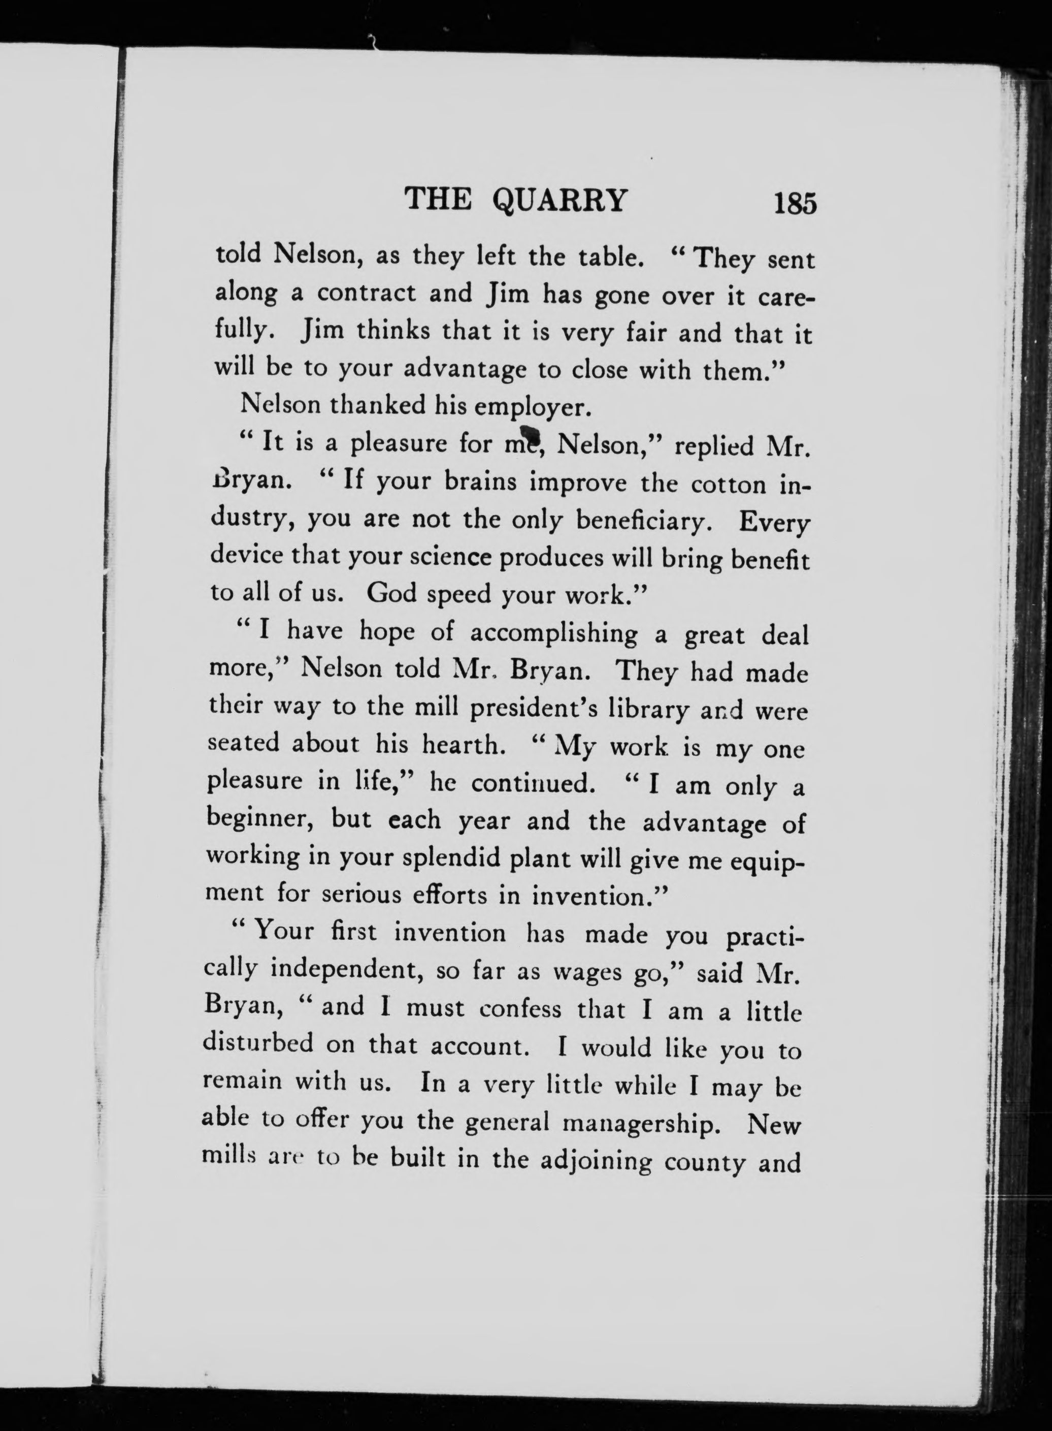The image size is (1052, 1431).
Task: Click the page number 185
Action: [x=795, y=203]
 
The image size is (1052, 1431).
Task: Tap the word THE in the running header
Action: [x=439, y=200]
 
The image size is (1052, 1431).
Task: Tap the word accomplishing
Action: [x=553, y=633]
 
